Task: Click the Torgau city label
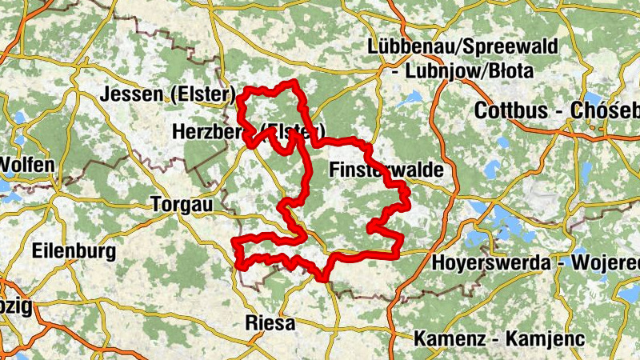[x=182, y=205]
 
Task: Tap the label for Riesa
[x=268, y=324]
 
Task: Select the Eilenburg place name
[x=74, y=251]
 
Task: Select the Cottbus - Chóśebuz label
[x=557, y=111]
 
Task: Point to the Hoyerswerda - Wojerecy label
[x=535, y=262]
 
